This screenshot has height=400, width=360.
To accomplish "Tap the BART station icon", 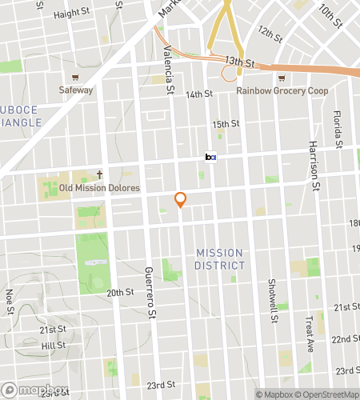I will [x=211, y=158].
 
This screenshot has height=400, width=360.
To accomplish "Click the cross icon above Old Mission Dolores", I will [x=101, y=174].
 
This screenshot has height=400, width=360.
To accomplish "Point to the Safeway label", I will [x=76, y=90].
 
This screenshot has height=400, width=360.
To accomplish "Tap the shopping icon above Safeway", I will [x=75, y=78].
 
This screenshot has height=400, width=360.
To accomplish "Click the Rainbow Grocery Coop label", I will [x=282, y=90].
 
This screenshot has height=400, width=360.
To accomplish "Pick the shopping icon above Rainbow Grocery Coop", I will [x=281, y=78].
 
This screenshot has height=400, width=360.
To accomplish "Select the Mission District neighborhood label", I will [x=220, y=258].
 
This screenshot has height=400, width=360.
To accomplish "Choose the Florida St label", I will [x=338, y=125].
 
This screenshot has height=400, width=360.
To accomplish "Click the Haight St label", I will [x=71, y=14].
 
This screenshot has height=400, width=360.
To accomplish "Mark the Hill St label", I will [x=53, y=346].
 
